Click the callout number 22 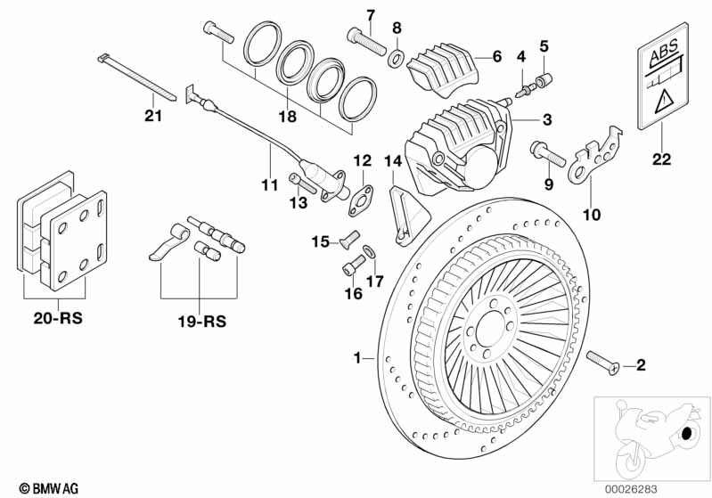(661, 159)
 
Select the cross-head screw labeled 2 (603, 363)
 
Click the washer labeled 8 (397, 59)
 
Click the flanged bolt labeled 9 (548, 153)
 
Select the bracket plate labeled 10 (594, 156)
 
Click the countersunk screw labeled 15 (349, 239)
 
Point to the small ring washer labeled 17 (370, 251)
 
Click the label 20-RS (58, 318)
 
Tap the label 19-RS (201, 322)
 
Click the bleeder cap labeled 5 (543, 81)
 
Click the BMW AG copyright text (49, 488)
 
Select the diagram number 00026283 (631, 489)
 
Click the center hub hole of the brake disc (490, 328)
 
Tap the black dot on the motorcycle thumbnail (686, 434)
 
